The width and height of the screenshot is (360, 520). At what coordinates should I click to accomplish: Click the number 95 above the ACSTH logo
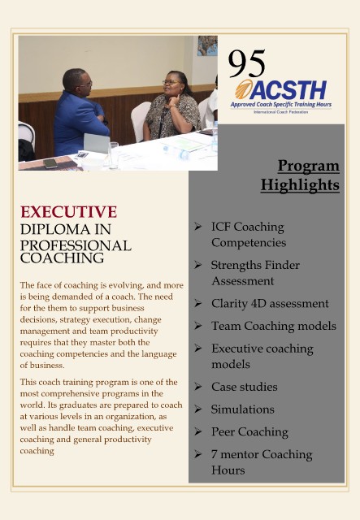click(247, 63)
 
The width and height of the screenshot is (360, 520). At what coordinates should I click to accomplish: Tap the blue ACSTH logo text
click(288, 90)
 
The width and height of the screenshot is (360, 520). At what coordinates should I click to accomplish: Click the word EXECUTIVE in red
click(69, 212)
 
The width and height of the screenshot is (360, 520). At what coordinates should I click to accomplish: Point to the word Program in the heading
click(309, 166)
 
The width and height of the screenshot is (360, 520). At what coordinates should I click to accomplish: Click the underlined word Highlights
click(300, 185)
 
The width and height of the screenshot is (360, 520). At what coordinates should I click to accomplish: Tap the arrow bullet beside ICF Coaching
click(198, 227)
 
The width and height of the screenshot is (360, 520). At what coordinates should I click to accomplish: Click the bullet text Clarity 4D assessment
click(270, 303)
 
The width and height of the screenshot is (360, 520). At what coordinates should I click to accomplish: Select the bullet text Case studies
click(245, 387)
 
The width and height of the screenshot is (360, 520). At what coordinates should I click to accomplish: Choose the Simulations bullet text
click(243, 409)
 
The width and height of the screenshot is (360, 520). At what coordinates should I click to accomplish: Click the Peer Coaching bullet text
click(249, 431)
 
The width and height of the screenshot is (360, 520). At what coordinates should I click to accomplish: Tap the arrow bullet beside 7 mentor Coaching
click(198, 454)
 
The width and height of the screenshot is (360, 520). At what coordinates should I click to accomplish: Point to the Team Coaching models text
click(274, 326)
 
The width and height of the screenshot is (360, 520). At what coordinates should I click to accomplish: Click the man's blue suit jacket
click(79, 123)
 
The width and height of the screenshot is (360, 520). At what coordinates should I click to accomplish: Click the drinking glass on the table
click(114, 154)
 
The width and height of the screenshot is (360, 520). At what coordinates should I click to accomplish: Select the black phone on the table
click(50, 163)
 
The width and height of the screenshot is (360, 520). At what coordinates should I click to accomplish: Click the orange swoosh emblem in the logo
click(245, 89)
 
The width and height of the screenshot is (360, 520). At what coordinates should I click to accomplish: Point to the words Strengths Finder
click(255, 266)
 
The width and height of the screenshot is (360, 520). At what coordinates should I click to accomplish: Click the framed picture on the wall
click(207, 45)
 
